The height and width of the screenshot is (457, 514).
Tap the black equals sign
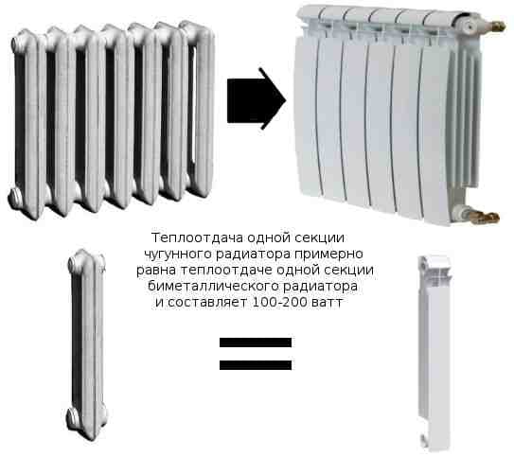tap(257, 352)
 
